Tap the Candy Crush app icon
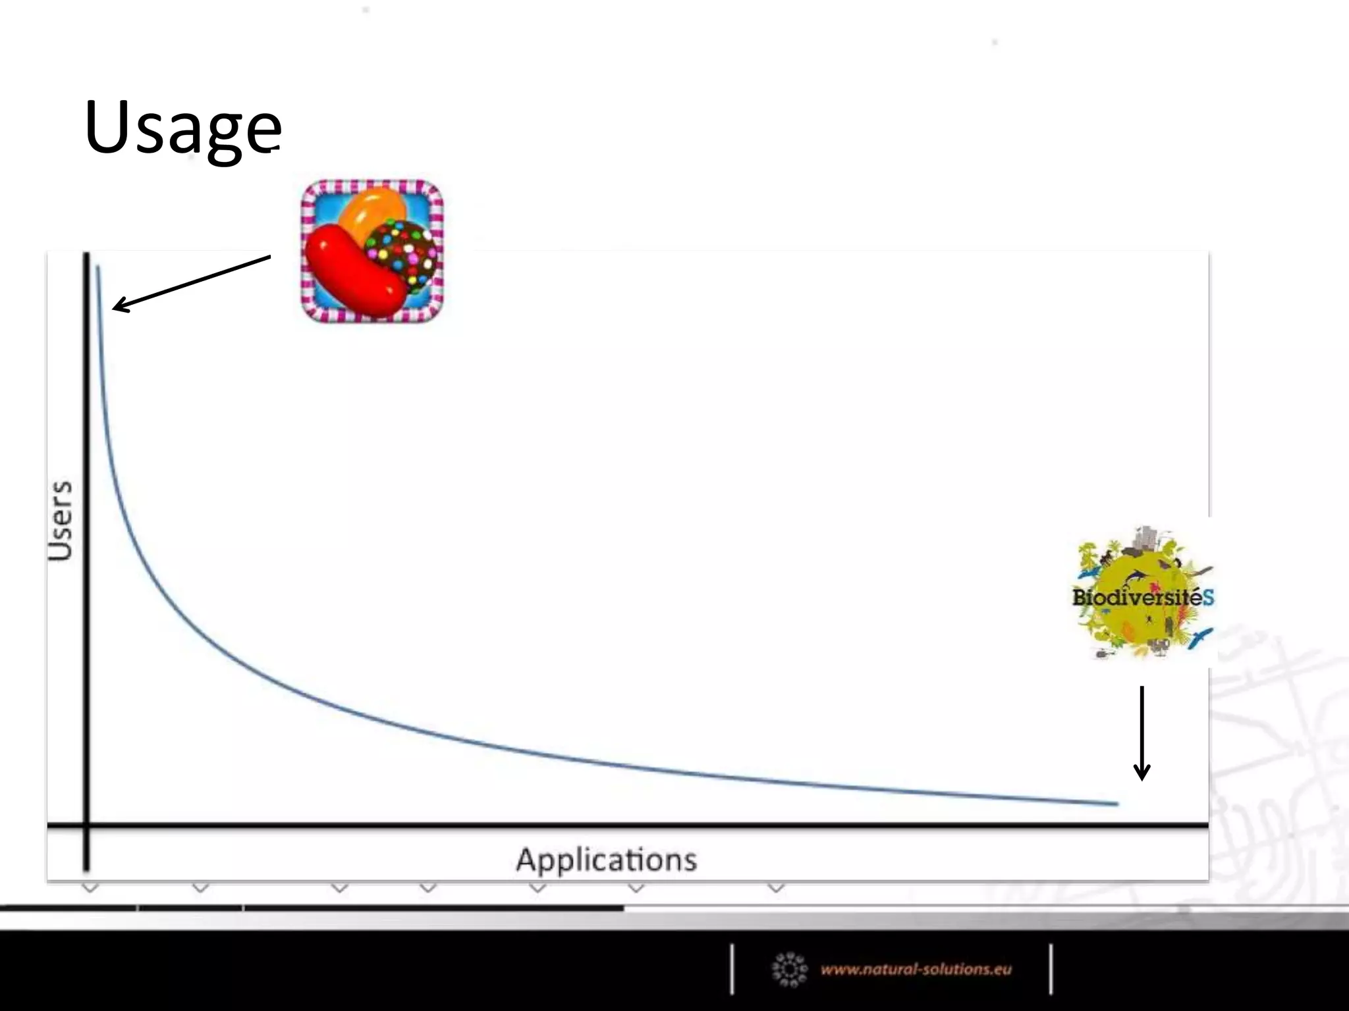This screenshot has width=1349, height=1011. click(x=372, y=251)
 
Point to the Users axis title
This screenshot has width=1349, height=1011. click(x=60, y=521)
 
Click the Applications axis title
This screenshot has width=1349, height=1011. click(x=606, y=860)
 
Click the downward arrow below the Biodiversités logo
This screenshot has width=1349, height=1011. click(x=1142, y=734)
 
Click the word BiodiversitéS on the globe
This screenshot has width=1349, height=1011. click(x=1143, y=598)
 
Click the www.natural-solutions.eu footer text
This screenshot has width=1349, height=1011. click(x=916, y=969)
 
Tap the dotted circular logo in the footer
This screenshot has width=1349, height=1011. click(x=789, y=969)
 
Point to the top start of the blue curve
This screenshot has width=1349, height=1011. click(x=98, y=267)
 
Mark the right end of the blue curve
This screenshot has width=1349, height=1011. click(x=1116, y=804)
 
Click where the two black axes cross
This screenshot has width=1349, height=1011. click(x=86, y=825)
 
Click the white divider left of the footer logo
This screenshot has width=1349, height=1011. click(x=732, y=969)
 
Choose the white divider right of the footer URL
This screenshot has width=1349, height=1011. click(x=1051, y=969)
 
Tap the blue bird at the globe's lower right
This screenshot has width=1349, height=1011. click(x=1200, y=637)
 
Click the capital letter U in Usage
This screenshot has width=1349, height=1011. click(x=109, y=127)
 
